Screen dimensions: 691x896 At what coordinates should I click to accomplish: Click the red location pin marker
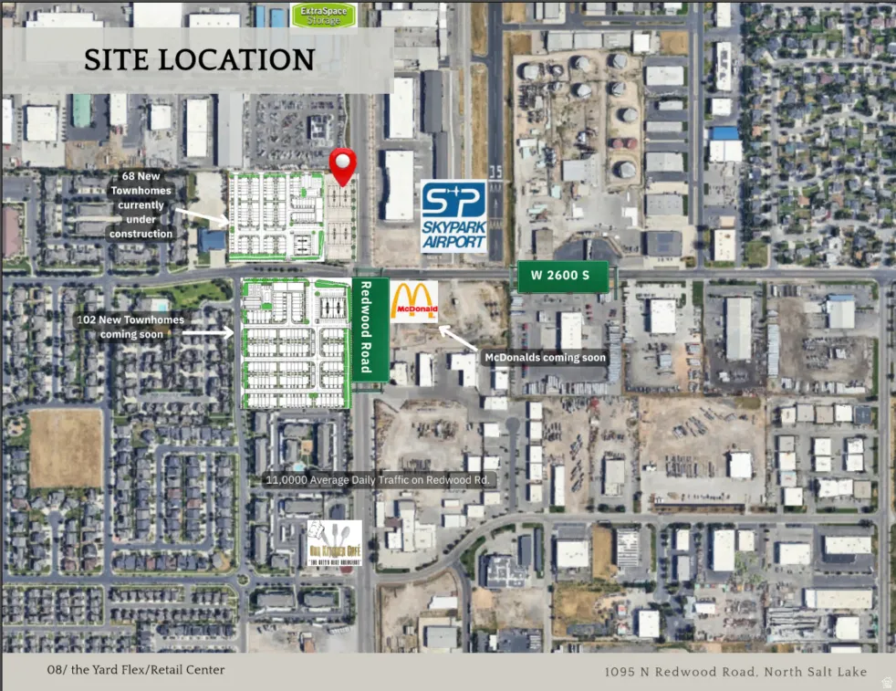point(342,165)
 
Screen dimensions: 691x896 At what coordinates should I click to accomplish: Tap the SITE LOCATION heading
point(199,60)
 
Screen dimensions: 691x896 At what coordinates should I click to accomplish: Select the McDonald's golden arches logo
point(414,300)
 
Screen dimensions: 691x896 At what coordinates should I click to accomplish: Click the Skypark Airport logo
point(453,216)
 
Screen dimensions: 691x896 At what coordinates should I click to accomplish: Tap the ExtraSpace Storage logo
point(324,15)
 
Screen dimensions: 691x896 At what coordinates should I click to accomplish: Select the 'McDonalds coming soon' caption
point(545,358)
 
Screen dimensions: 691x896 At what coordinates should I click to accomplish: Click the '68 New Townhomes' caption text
point(141,204)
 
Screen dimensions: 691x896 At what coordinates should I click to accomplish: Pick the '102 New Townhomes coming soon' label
point(131,327)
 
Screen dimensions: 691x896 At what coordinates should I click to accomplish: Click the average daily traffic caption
point(379,479)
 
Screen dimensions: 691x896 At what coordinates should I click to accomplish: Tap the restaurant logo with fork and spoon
point(334,543)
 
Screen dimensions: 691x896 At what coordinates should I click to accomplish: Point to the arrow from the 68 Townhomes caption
point(203,215)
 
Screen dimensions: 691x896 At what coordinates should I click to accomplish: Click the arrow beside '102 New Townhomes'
point(212,333)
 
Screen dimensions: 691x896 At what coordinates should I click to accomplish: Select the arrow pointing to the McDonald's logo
point(456,337)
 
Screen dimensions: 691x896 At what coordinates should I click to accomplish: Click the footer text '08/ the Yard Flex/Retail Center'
point(136,670)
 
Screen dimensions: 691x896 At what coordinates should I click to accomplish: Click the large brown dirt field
point(66,447)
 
